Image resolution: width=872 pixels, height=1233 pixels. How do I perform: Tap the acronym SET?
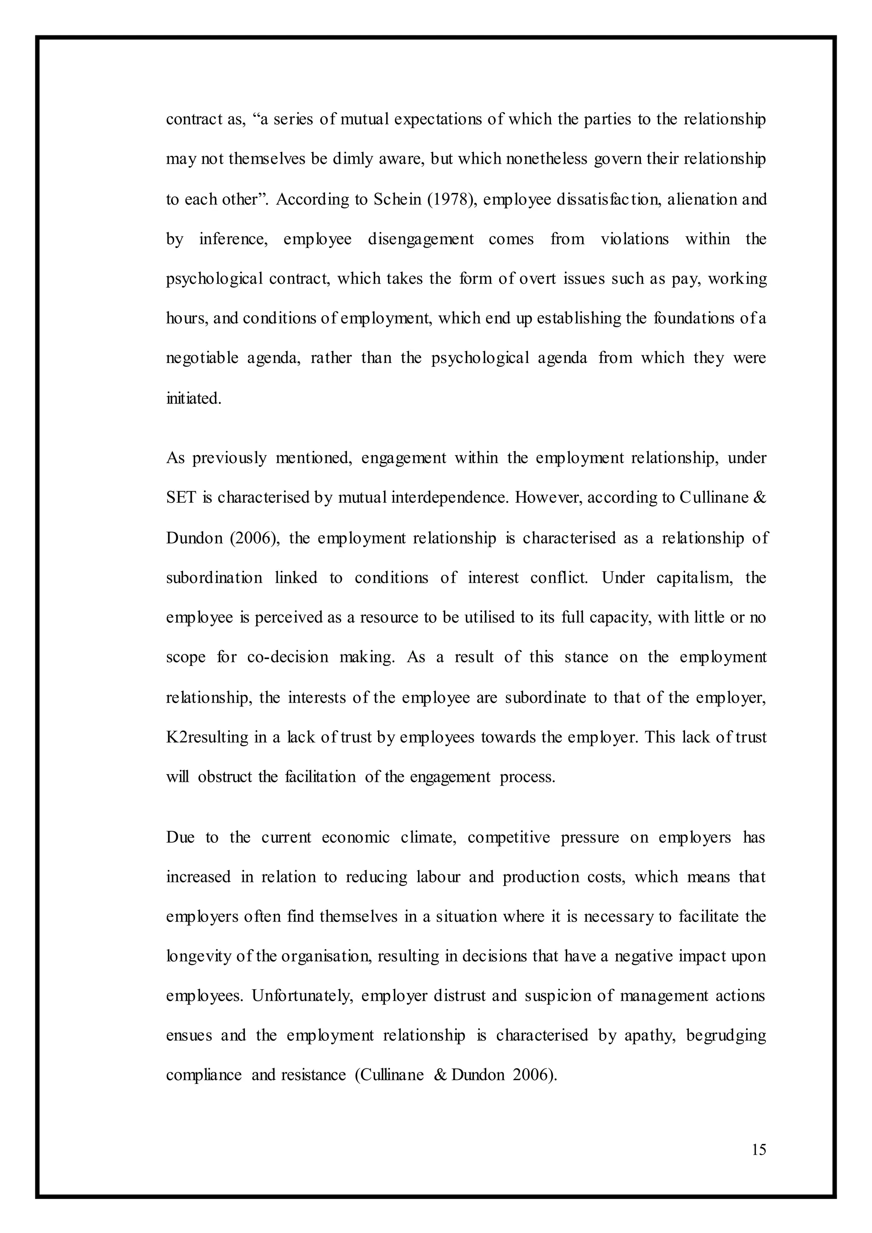pos(181,498)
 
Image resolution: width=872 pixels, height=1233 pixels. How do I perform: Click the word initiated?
pos(193,399)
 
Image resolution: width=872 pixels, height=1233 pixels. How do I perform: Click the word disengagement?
pos(420,239)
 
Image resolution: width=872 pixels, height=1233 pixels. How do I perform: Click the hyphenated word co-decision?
pos(287,657)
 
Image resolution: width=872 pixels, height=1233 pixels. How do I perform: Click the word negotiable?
pos(202,358)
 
